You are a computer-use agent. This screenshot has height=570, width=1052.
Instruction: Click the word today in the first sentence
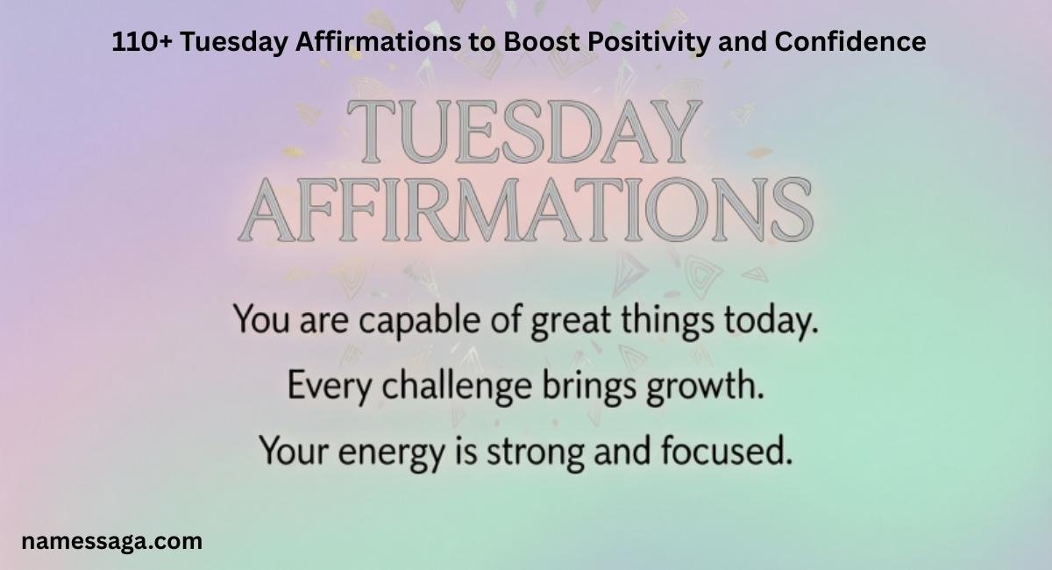[x=769, y=322]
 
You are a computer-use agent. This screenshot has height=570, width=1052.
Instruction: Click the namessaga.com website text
[x=112, y=541]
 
